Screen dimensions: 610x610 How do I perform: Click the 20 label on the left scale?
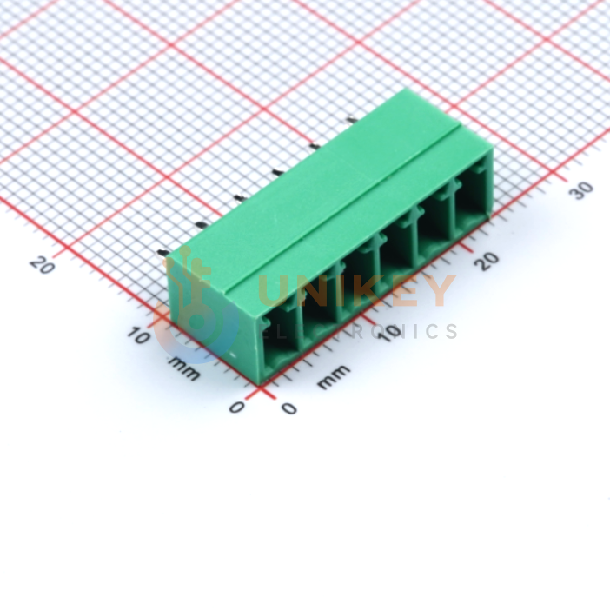[x=42, y=265]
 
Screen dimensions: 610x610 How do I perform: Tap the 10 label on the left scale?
[x=139, y=335]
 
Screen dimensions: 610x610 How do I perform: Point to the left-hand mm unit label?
[x=184, y=368]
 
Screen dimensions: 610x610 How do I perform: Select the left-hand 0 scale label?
[x=236, y=407]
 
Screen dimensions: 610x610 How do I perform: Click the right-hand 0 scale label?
[x=289, y=408]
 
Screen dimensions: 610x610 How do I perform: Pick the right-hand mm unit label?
[x=334, y=376]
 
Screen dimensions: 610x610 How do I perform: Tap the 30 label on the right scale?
[x=581, y=190]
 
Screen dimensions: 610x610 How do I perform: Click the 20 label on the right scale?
[x=487, y=261]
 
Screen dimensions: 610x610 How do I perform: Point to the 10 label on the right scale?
[x=390, y=333]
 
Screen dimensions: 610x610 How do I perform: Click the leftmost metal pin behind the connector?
[x=160, y=253]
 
